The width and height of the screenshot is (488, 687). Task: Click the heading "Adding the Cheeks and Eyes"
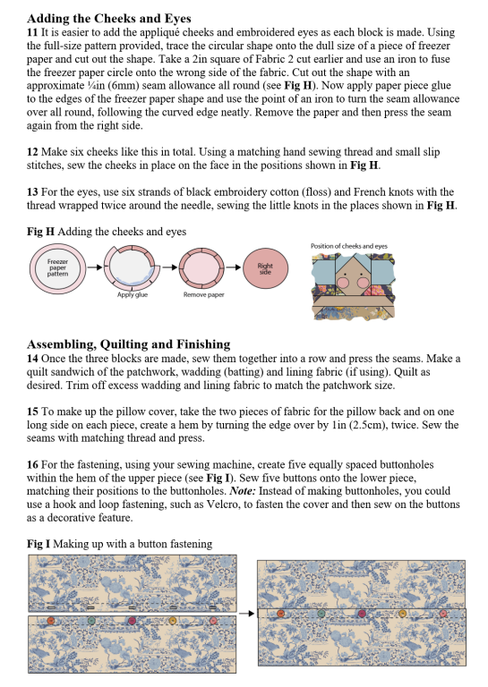108,19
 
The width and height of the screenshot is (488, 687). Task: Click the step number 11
32,32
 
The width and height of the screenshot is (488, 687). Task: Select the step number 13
32,192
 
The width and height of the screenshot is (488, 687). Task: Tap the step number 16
32,464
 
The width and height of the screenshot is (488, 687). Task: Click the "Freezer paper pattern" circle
57,267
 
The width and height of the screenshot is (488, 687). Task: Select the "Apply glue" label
133,295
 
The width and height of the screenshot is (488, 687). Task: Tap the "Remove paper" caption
203,295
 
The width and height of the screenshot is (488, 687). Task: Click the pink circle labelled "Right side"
265,268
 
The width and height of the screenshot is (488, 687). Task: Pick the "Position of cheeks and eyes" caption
349,246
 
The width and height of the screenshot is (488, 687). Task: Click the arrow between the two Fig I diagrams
246,614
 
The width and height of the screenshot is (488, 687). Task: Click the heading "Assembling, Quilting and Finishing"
128,343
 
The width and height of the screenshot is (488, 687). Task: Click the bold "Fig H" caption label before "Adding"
40,232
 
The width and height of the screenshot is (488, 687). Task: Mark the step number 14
32,359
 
